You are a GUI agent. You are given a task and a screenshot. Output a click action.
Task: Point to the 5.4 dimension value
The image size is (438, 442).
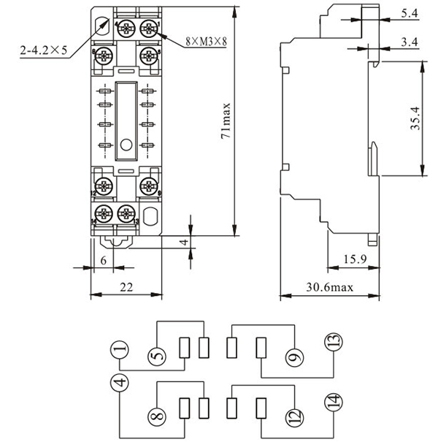pyautogui.click(x=410, y=14)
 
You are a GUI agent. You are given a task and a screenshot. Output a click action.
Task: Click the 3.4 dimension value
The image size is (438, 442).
pyautogui.click(x=410, y=42)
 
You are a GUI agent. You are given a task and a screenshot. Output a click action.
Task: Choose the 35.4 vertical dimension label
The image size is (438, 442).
pyautogui.click(x=415, y=118)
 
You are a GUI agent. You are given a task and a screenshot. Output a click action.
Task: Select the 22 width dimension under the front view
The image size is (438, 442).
pyautogui.click(x=126, y=288)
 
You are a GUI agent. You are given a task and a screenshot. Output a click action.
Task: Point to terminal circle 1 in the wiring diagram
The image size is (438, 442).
pyautogui.click(x=120, y=351)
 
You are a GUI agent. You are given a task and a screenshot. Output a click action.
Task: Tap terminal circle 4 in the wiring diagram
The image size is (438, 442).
pyautogui.click(x=120, y=383)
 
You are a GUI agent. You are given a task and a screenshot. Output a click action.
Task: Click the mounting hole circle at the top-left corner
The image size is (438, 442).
pyautogui.click(x=101, y=23)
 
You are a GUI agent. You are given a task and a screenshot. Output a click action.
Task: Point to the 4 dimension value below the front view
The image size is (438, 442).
pyautogui.click(x=184, y=242)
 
